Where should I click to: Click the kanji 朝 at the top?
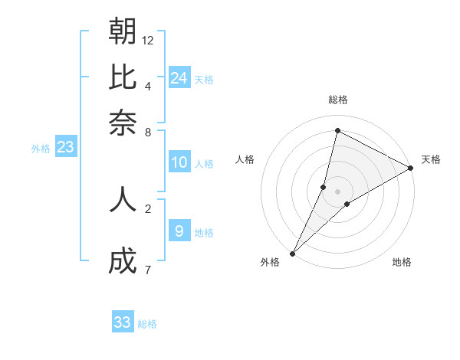click(123, 31)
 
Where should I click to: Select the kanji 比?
click(123, 77)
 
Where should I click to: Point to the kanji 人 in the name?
click(123, 198)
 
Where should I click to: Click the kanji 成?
click(123, 262)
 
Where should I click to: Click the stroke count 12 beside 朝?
click(148, 40)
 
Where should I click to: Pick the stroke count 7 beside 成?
click(147, 270)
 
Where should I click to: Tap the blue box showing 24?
click(179, 77)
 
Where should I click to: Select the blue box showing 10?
click(179, 162)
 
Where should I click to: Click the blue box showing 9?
click(179, 231)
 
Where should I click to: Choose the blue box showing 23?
click(65, 147)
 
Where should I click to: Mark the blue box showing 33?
click(122, 322)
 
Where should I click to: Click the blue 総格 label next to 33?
click(147, 324)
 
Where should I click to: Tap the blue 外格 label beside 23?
click(40, 149)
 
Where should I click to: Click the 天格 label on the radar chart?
click(431, 159)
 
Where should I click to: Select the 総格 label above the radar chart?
click(338, 100)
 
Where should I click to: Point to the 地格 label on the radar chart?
click(402, 263)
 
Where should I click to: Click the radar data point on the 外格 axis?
click(293, 253)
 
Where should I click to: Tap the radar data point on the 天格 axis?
click(411, 169)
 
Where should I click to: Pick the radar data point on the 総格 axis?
click(337, 130)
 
